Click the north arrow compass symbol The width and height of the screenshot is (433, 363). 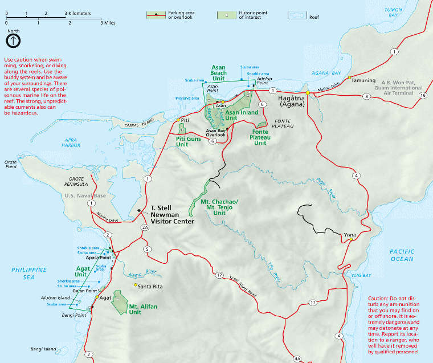[x=13, y=40]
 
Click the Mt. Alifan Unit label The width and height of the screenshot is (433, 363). [x=142, y=309]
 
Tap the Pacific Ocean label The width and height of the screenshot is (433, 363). [x=402, y=255]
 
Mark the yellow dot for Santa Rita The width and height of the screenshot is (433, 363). [x=135, y=285]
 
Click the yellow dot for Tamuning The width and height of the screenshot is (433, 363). [x=349, y=77]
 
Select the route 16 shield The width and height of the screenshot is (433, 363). [x=422, y=96]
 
